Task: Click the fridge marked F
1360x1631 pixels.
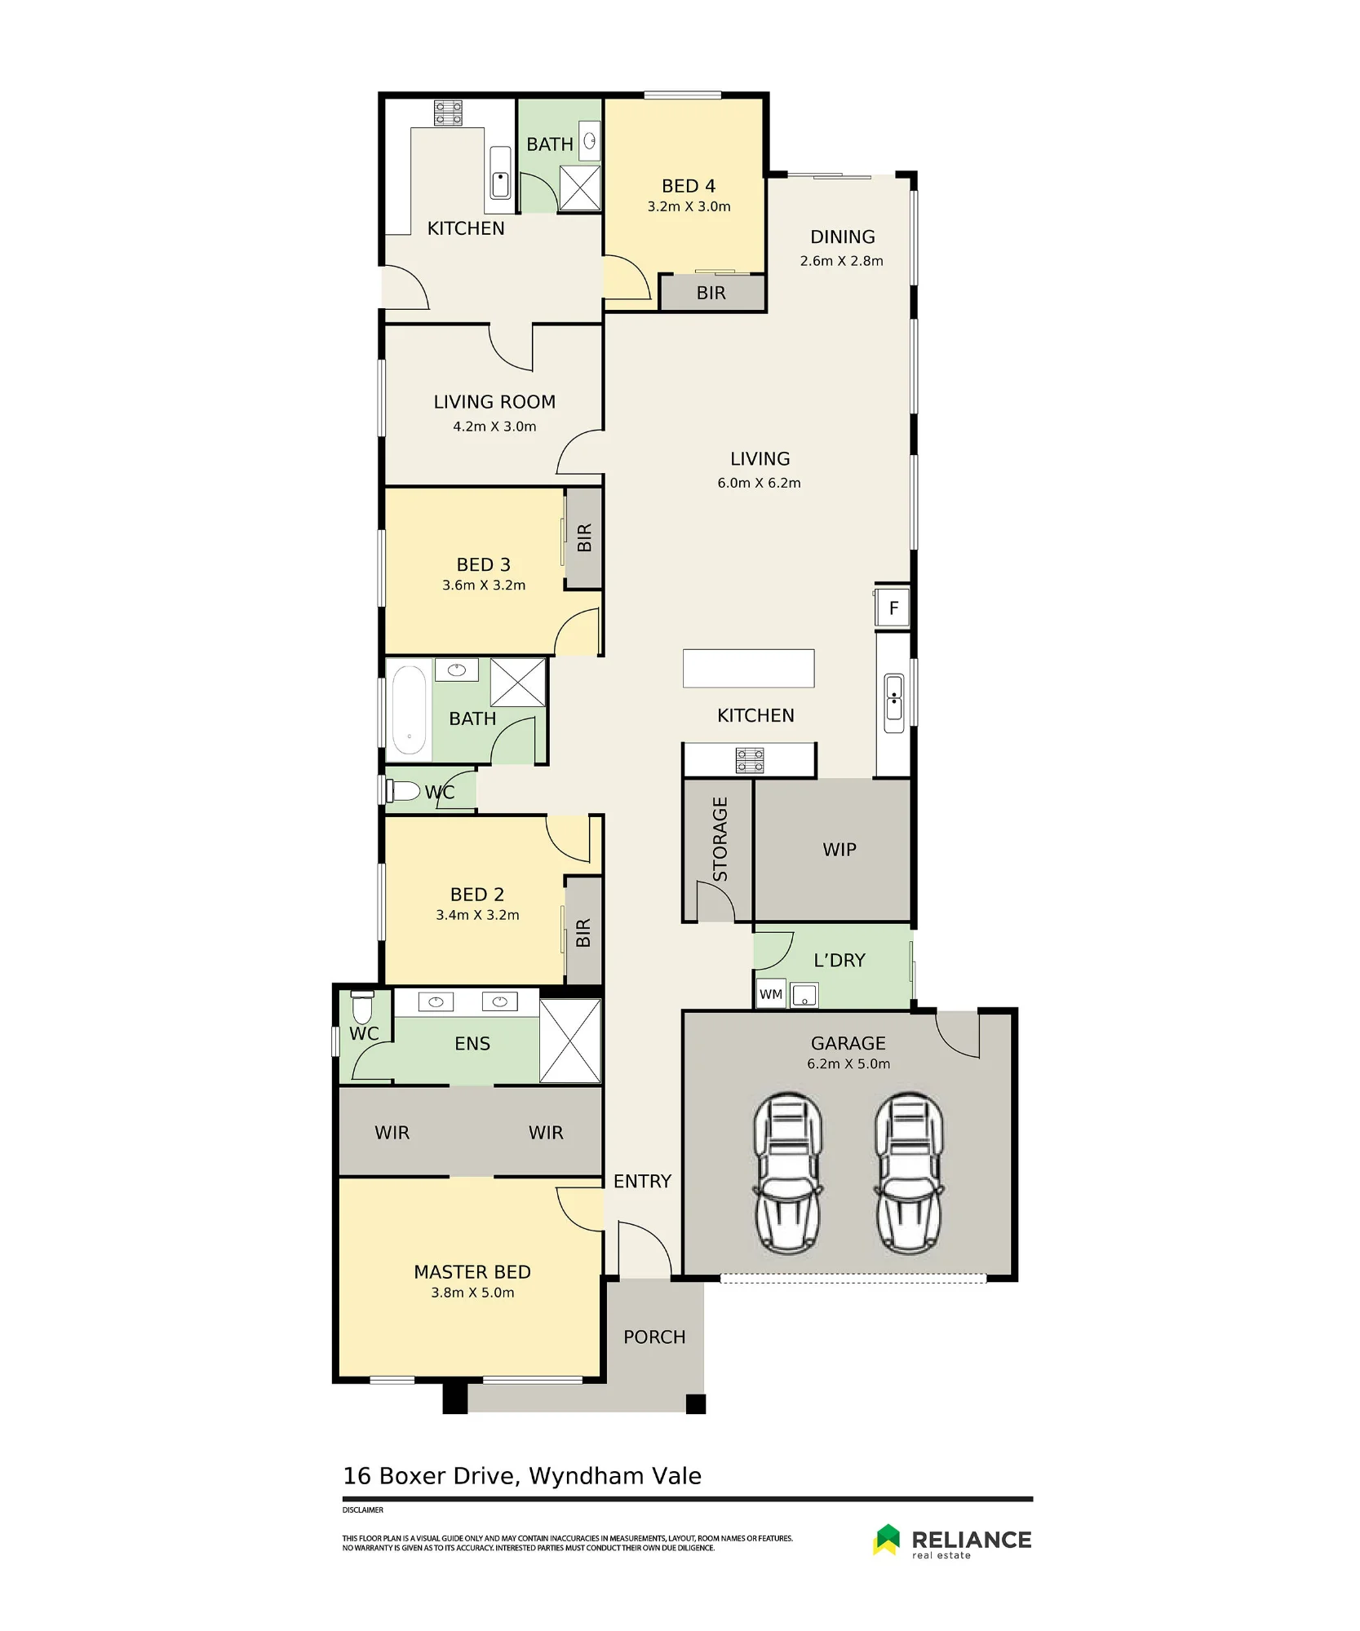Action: tap(893, 608)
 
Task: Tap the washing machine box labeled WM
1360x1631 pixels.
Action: tap(771, 994)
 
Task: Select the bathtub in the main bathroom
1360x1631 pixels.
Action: tap(409, 709)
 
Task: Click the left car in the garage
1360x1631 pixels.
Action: tap(788, 1173)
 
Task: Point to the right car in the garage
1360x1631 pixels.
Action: tap(910, 1173)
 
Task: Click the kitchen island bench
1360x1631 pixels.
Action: tap(748, 668)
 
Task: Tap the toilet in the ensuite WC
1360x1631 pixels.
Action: tap(362, 1007)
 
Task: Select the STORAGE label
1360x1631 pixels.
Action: tap(720, 839)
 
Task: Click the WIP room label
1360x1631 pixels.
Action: tap(839, 850)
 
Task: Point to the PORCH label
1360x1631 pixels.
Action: tap(654, 1337)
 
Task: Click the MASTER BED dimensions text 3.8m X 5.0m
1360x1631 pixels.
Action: tap(472, 1293)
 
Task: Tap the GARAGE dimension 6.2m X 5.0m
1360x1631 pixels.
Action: tap(848, 1063)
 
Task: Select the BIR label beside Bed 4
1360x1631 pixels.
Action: tap(711, 294)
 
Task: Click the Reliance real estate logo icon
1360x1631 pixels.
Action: tap(887, 1539)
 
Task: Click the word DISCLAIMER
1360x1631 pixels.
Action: tap(363, 1510)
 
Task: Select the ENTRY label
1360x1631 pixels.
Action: tap(642, 1181)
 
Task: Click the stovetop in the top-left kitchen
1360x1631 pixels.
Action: tap(448, 113)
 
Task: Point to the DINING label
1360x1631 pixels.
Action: tap(842, 237)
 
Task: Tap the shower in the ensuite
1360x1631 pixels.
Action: tap(570, 1041)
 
